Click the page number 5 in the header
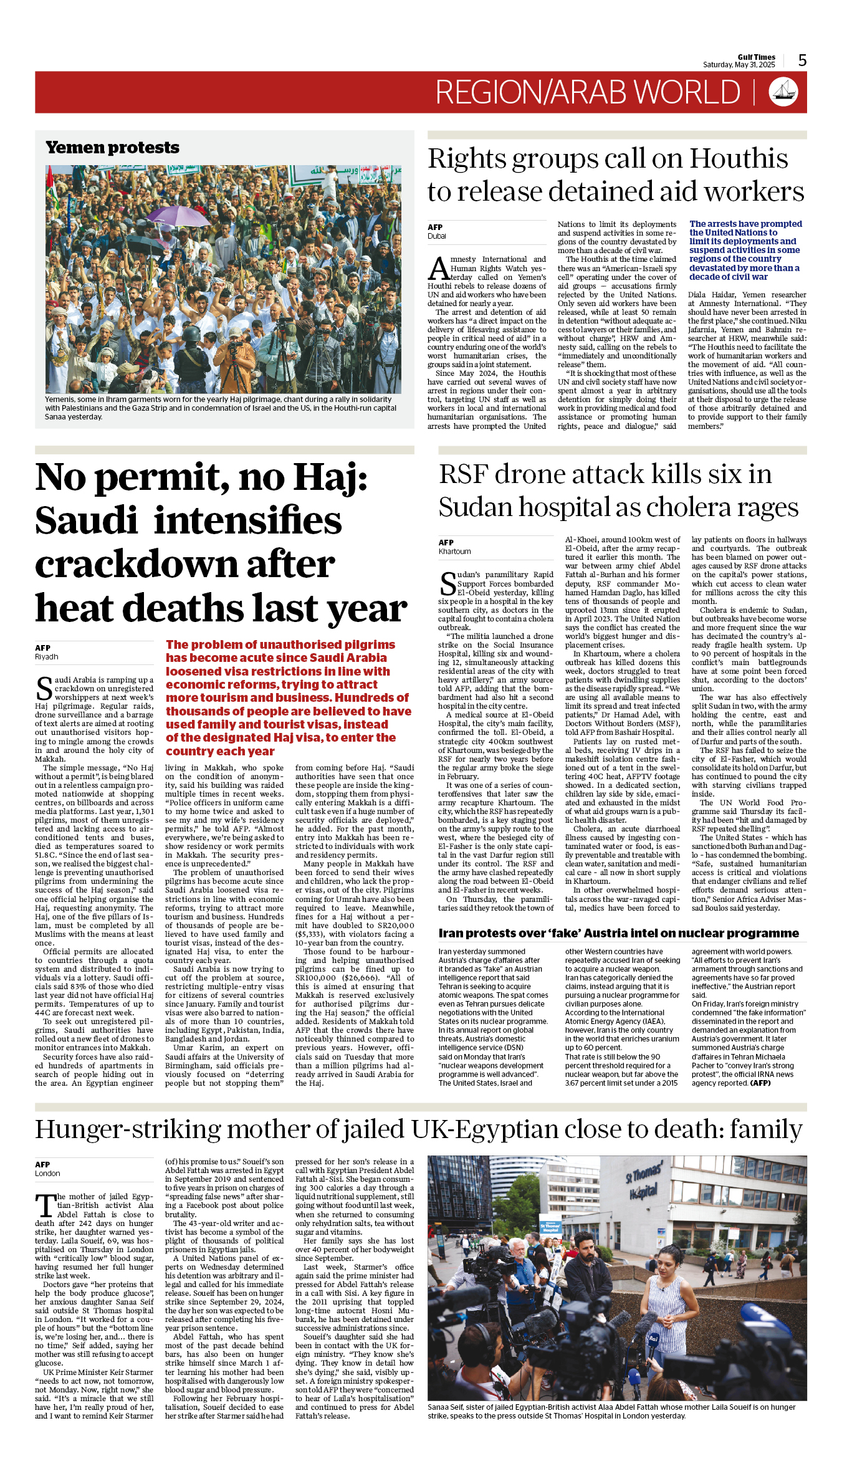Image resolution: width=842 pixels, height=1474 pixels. [x=802, y=60]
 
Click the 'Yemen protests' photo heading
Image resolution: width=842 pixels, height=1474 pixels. [x=112, y=148]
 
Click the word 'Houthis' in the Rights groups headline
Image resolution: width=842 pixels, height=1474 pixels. [x=739, y=159]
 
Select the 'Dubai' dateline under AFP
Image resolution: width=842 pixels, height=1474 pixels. [x=437, y=236]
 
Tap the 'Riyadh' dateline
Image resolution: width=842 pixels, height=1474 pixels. [x=47, y=657]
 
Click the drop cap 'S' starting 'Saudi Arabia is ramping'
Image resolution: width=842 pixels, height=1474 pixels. [x=44, y=687]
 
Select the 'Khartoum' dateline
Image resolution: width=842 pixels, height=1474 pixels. [x=454, y=552]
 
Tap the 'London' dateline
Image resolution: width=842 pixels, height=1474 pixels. [x=47, y=1174]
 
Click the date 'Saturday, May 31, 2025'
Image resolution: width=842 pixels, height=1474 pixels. [x=739, y=65]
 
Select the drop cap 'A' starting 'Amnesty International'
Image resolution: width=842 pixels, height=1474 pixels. [x=438, y=269]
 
